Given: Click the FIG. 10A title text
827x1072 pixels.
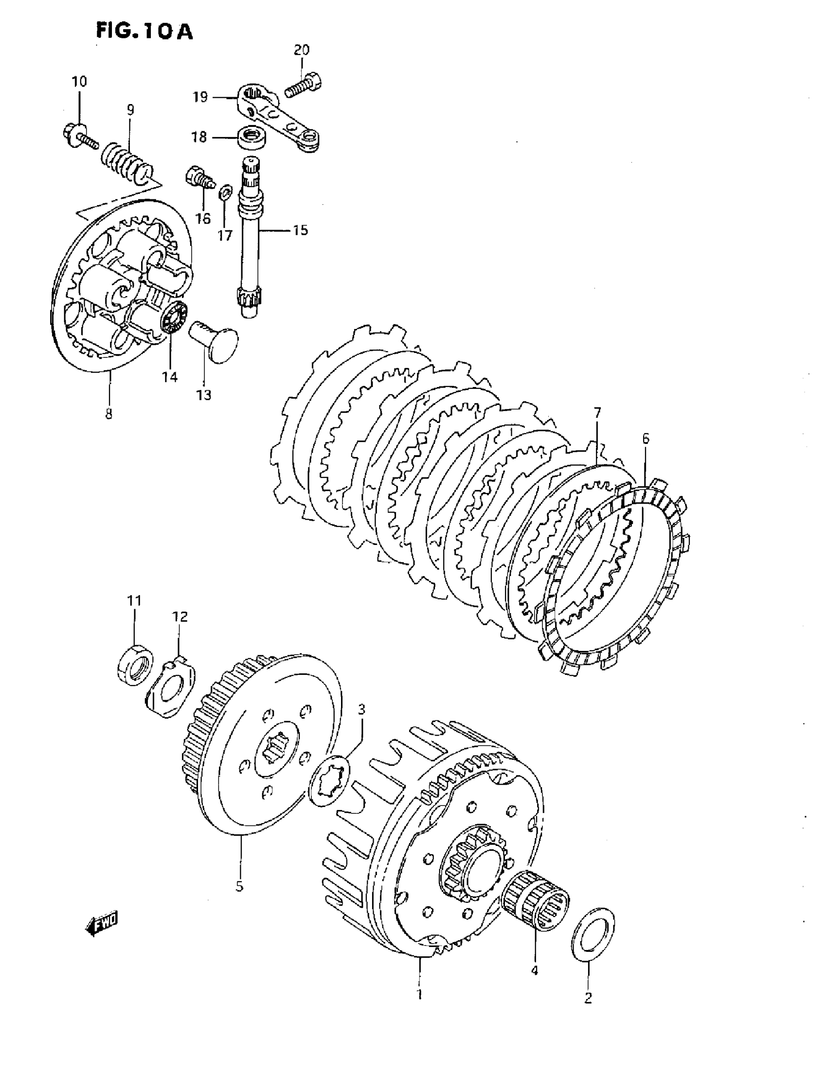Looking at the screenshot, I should point(144,32).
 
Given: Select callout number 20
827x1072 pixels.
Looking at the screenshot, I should point(302,50).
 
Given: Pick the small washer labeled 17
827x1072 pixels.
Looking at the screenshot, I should point(225,192).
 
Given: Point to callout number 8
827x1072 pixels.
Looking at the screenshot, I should point(108,414).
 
